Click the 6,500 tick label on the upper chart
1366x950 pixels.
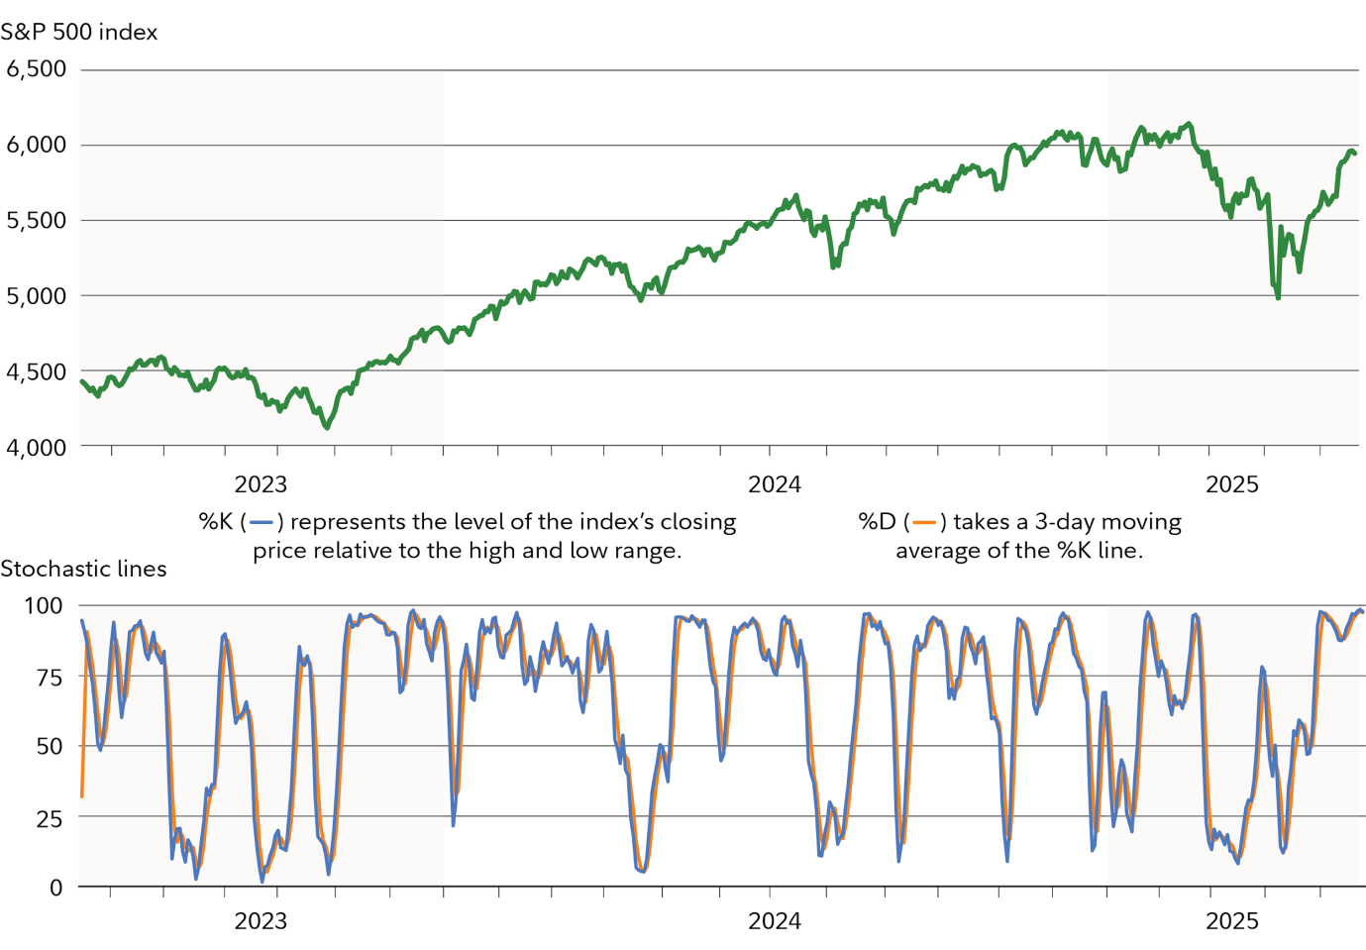[x=37, y=69]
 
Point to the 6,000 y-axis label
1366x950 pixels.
[x=37, y=145]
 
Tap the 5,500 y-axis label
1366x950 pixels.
[x=37, y=221]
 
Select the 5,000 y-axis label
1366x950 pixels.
[x=37, y=296]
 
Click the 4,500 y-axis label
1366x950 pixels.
[x=37, y=371]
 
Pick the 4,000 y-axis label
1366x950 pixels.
[x=37, y=447]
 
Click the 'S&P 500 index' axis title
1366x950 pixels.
[x=79, y=32]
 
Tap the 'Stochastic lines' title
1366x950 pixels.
[x=83, y=569]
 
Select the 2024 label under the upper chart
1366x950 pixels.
[x=774, y=484]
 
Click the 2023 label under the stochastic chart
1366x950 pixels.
[x=261, y=920]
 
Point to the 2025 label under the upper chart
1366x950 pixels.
[x=1231, y=484]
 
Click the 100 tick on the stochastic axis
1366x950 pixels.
[x=43, y=605]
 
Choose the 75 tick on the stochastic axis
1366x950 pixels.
[x=49, y=678]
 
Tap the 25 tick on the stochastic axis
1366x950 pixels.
[x=49, y=818]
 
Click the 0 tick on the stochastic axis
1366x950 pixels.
[x=55, y=888]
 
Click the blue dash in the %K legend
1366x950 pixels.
[x=262, y=522]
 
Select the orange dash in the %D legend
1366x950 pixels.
[x=924, y=522]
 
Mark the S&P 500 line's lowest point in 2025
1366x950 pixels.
[x=1278, y=297]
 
